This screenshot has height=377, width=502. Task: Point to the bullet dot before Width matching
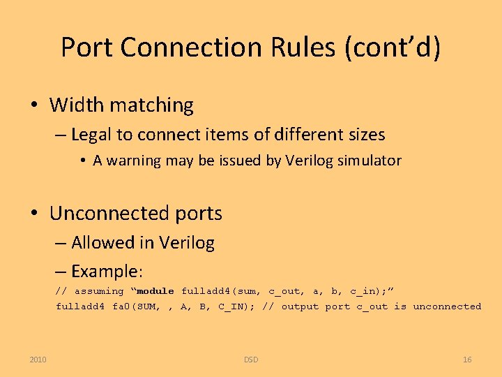(33, 106)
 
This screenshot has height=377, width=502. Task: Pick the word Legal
(92, 134)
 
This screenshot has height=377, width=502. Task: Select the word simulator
(370, 161)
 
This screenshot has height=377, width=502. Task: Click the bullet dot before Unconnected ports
(33, 214)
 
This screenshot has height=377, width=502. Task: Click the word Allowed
(103, 243)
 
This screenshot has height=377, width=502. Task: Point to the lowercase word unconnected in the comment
(447, 306)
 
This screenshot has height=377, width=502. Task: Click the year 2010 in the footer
(38, 360)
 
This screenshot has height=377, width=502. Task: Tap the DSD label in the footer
(251, 360)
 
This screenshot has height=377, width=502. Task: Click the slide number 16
(467, 360)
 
